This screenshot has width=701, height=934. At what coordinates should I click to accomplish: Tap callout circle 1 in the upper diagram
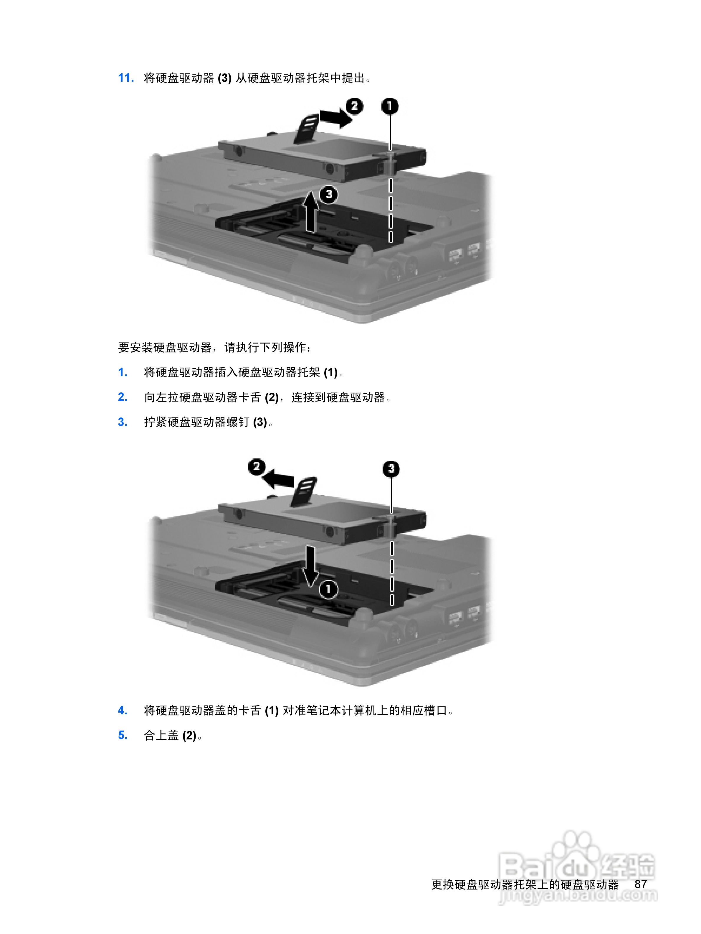pos(390,106)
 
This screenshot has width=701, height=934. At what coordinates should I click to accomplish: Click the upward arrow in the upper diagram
pos(310,211)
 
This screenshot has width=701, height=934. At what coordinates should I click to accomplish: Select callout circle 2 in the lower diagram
pos(257,467)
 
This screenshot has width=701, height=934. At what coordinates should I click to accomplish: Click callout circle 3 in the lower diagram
pos(391,469)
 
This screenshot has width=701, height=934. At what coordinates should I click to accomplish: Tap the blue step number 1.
pos(123,372)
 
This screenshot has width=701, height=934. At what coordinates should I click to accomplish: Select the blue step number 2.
pos(123,397)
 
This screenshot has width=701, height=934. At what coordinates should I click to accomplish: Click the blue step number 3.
pos(123,422)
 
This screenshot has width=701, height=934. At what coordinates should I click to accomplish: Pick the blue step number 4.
pos(123,711)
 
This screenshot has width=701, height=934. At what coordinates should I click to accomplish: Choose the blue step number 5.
pos(123,736)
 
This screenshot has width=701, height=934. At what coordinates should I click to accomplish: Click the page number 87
pos(640,884)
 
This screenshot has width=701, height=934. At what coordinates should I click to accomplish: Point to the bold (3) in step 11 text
pos(224,78)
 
